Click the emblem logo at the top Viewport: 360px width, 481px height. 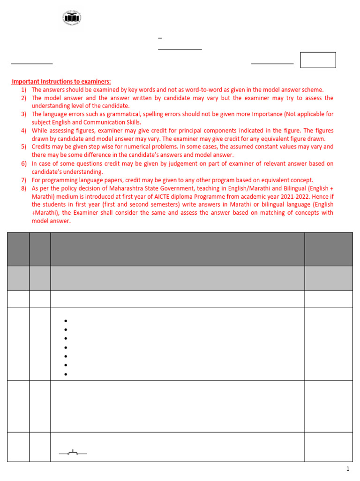tap(72, 19)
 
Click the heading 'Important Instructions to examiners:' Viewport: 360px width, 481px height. tap(61, 82)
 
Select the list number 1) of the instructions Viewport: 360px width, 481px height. tap(23, 90)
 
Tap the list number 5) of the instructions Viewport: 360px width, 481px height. tap(23, 147)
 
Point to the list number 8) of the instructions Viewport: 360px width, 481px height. tap(23, 188)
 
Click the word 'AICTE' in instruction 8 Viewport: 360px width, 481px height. tap(158, 197)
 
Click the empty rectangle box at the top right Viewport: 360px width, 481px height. tap(318, 60)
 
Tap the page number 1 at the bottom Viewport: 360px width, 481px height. tap(348, 469)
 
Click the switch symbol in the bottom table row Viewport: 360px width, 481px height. tap(73, 452)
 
